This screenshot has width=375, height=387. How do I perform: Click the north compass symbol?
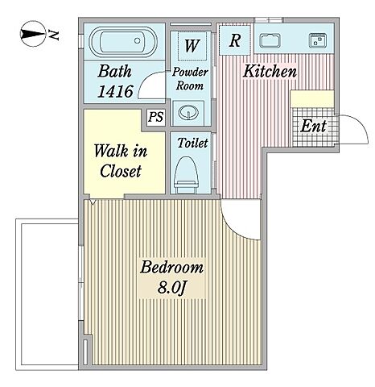tap(33, 34)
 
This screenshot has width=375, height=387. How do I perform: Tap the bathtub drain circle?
tap(138, 41)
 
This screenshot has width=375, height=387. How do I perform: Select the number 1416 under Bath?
tap(115, 91)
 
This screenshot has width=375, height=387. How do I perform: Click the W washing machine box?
tap(192, 46)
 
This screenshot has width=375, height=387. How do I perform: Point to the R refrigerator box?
tap(235, 40)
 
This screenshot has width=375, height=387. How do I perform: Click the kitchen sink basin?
tap(270, 41)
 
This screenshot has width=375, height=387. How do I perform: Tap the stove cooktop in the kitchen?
tap(318, 40)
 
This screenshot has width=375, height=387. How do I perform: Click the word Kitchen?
tap(270, 72)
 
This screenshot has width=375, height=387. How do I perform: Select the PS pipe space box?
tap(156, 117)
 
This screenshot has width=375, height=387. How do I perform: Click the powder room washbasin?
tap(188, 112)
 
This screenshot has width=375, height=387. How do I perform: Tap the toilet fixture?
tap(187, 176)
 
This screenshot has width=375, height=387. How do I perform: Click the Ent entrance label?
tap(313, 126)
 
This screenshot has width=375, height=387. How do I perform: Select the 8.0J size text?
tap(171, 288)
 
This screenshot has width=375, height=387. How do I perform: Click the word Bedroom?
tap(171, 268)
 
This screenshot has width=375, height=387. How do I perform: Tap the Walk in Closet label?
tap(121, 161)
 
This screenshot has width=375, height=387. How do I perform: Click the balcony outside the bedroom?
tap(47, 335)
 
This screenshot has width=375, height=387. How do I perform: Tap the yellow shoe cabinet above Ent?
tap(312, 99)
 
